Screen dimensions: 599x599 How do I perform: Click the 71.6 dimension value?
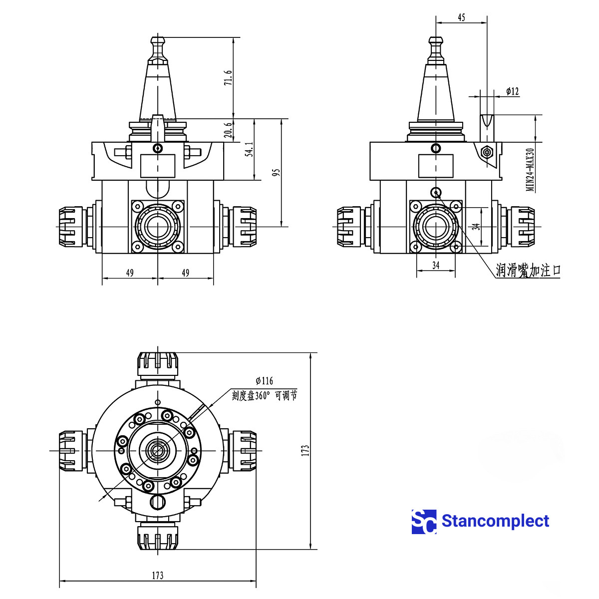[x=228, y=78]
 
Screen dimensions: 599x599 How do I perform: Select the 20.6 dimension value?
[x=228, y=130]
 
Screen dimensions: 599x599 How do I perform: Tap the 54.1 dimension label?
[x=250, y=149]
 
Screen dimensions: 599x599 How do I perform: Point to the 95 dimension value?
[x=277, y=172]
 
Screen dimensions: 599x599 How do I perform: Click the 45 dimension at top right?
[x=461, y=17]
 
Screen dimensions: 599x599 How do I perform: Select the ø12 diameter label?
[x=512, y=91]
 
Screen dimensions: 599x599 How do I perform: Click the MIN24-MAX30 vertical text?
[x=530, y=169]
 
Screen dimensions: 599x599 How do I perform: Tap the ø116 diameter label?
[x=264, y=381]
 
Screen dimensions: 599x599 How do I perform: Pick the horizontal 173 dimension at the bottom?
[x=157, y=576]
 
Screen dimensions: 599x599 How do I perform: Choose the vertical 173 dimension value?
[x=305, y=450]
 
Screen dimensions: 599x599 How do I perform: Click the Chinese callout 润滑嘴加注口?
[x=528, y=271]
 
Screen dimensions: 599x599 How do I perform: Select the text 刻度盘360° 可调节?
[x=264, y=396]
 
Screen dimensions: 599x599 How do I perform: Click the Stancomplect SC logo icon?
[x=424, y=522]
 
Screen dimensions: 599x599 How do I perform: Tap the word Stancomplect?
[x=495, y=521]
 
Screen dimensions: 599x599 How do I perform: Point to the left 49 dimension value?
[x=130, y=273]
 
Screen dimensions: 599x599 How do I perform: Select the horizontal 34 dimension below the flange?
[x=436, y=265]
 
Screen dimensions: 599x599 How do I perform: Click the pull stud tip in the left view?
[x=158, y=39]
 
